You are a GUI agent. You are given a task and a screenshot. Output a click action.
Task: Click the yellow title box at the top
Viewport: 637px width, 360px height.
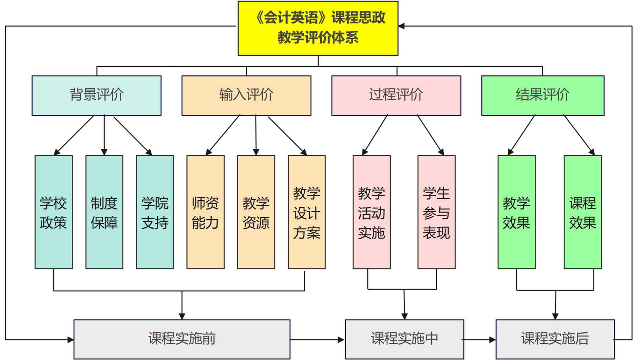318,28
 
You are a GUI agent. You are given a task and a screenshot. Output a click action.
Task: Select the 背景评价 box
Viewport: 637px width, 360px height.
97,95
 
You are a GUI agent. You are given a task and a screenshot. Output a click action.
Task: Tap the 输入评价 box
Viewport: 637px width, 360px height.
246,95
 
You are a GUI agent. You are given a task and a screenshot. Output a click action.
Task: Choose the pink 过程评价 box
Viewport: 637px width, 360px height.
396,95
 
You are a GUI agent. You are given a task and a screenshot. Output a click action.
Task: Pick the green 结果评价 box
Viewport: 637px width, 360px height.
542,95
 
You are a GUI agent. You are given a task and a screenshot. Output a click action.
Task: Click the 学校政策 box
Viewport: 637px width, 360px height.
54,212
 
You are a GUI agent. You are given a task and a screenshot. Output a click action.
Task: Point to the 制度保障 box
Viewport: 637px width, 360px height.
104,212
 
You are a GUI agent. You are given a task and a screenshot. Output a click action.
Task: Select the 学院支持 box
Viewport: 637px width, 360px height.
155,212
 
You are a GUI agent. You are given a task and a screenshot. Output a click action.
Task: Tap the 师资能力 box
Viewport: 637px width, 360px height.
205,212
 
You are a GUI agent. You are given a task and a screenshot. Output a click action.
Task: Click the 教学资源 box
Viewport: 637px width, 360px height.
256,212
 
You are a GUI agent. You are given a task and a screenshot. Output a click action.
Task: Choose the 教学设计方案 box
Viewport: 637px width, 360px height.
306,212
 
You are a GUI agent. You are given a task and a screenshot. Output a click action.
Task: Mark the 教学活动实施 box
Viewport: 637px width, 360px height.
371,212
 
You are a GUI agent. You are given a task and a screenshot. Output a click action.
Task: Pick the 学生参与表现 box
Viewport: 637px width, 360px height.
436,212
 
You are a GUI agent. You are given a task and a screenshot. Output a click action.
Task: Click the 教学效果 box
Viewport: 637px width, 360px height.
516,212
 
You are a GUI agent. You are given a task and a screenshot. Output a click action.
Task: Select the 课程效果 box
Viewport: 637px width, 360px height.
583,212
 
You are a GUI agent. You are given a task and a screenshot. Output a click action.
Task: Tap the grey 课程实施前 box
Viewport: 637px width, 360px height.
182,339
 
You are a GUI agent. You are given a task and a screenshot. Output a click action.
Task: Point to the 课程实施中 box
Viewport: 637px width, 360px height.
404,339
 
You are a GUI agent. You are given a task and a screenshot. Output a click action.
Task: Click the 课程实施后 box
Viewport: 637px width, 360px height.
555,339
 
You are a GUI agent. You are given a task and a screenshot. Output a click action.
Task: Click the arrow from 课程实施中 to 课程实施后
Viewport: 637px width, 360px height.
480,340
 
